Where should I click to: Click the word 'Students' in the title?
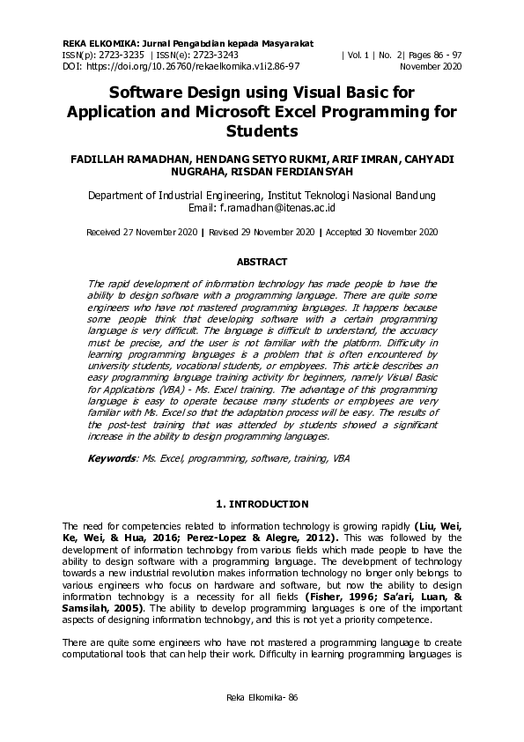[x=262, y=130]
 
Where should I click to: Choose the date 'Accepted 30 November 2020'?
[x=381, y=233]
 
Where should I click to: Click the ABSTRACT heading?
[x=262, y=262]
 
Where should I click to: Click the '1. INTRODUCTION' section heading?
[x=262, y=504]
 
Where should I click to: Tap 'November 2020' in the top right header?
[x=430, y=66]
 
